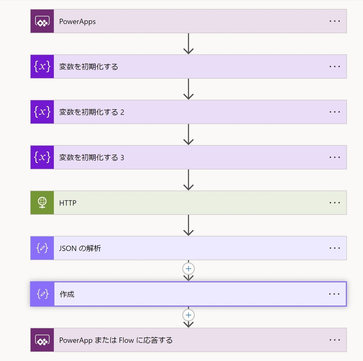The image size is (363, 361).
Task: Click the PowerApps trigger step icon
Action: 42,21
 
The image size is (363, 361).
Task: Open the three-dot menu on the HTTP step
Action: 335,203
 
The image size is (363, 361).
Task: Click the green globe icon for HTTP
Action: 42,203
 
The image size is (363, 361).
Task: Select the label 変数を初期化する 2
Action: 91,112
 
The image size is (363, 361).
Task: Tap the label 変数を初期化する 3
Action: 91,158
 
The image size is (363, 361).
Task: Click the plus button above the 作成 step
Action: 188,268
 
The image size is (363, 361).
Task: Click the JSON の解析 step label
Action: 80,248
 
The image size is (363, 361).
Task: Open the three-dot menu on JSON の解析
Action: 335,248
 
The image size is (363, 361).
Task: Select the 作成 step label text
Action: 67,294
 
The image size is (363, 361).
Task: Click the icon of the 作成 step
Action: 42,294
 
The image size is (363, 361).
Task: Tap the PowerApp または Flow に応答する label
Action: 116,340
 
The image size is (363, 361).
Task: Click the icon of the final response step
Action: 42,340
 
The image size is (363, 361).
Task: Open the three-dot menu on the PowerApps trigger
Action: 335,21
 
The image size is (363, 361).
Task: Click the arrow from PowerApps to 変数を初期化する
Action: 188,44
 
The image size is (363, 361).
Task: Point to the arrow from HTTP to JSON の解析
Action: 188,225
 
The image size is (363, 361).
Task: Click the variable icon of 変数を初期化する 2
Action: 42,112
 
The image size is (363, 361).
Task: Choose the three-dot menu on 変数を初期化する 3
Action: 335,157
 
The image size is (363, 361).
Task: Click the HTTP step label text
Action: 68,203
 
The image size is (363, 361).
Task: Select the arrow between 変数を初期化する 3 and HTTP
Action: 188,180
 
